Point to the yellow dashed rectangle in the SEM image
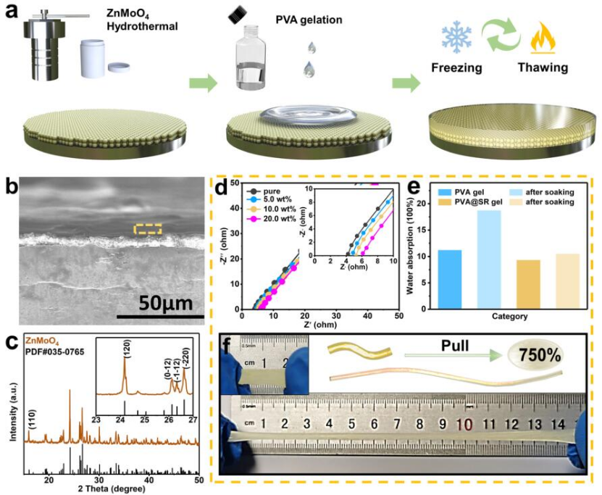(x=147, y=229)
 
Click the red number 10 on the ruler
(x=463, y=423)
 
